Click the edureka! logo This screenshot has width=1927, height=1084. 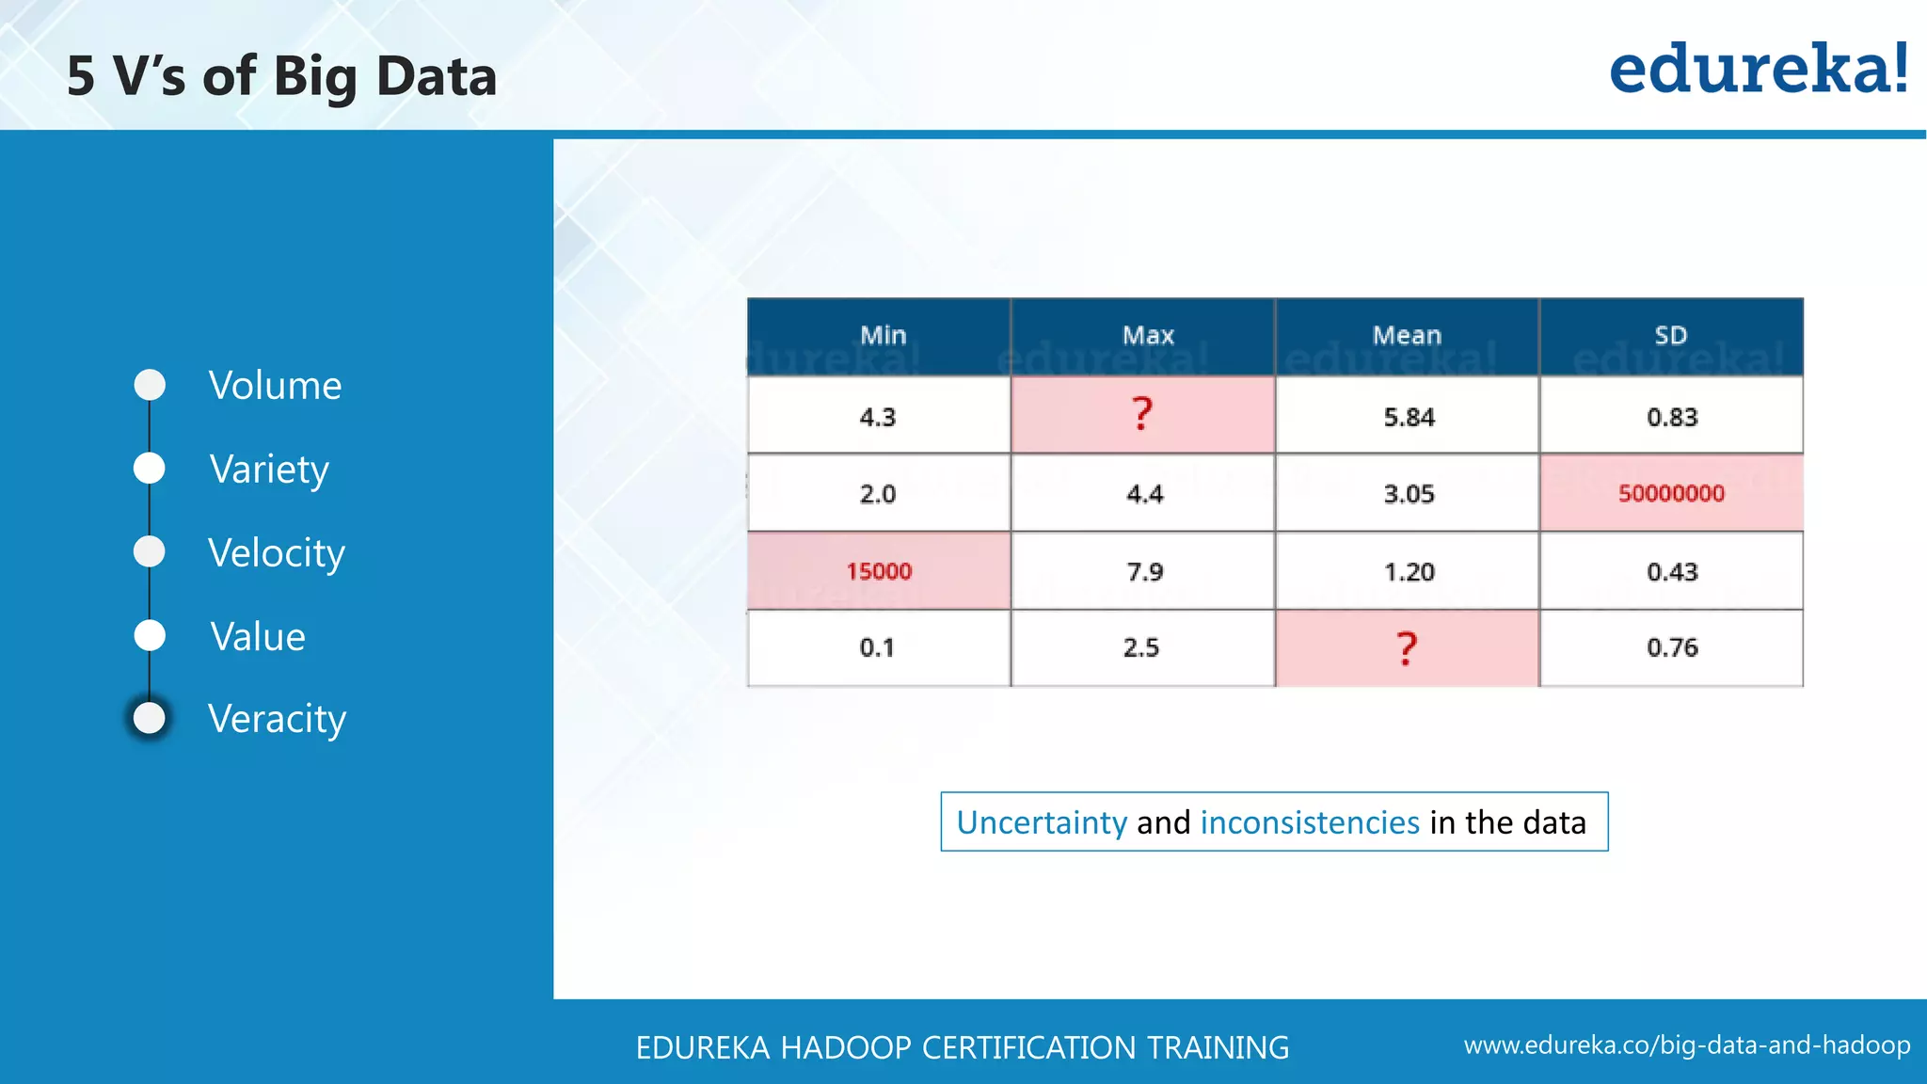tap(1758, 70)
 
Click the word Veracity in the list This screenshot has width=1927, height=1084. tap(277, 719)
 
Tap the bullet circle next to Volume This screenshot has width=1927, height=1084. tap(150, 385)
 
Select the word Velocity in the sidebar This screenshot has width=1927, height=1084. tap(277, 553)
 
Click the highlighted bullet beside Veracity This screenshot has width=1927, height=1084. tap(150, 719)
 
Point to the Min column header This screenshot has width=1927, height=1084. tap(883, 336)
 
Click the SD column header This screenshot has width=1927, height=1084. tap(1671, 336)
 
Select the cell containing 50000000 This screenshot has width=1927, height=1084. tap(1671, 493)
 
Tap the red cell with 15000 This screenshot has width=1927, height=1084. tap(879, 571)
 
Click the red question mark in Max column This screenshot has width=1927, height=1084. tap(1142, 414)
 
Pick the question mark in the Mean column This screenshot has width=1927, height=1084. tap(1407, 648)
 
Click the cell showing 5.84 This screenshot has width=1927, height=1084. tap(1409, 417)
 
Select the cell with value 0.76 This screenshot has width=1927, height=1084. tap(1672, 647)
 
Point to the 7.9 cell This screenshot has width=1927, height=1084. tap(1144, 571)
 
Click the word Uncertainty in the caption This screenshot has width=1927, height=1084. tap(1041, 822)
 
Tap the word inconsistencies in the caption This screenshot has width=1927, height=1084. tap(1310, 822)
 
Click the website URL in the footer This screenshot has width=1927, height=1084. tap(1686, 1045)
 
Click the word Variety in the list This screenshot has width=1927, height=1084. tap(269, 470)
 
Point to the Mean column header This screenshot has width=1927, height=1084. tap(1407, 336)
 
